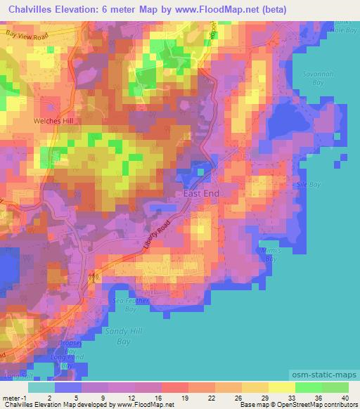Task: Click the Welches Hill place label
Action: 53,120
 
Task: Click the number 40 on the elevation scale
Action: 344,398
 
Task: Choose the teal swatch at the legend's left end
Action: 41,387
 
